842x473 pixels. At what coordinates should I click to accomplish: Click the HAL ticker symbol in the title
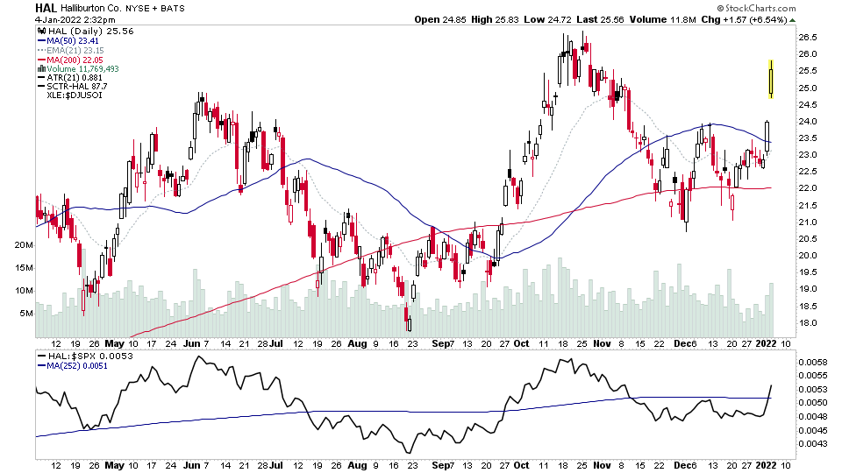coord(47,8)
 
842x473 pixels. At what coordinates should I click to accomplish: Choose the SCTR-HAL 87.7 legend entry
coord(75,86)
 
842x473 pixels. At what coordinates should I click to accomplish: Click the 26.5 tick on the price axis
coord(808,38)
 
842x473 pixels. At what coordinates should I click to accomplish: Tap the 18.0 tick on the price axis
coord(808,322)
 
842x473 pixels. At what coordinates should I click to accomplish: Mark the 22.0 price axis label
coord(808,188)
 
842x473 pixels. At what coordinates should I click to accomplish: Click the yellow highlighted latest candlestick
coord(771,79)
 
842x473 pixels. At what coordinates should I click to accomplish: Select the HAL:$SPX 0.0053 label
coord(79,356)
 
